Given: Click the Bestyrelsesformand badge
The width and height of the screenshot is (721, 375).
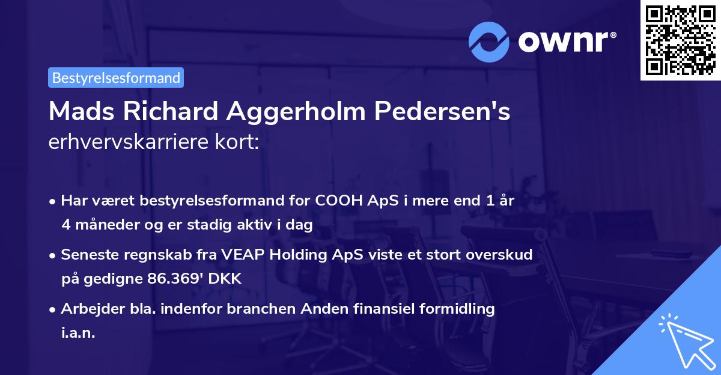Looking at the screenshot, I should pyautogui.click(x=116, y=78).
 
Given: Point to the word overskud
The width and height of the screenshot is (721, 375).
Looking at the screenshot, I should pyautogui.click(x=499, y=255).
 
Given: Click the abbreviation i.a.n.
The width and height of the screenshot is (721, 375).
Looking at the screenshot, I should pyautogui.click(x=78, y=333).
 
